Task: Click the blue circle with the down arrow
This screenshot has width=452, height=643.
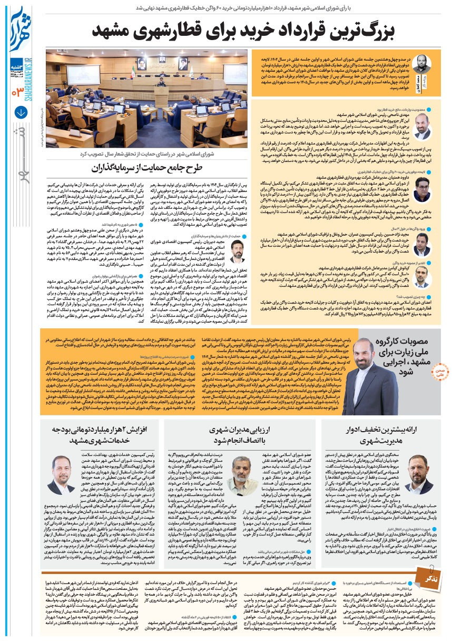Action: [x=21, y=112]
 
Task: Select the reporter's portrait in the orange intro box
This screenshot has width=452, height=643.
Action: [x=421, y=66]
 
